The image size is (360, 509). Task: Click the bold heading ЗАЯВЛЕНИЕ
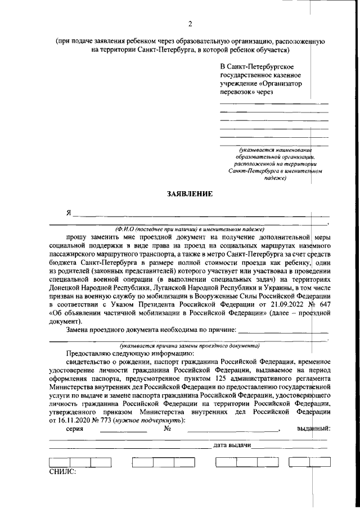[x=190, y=194]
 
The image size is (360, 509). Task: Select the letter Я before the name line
[x=69, y=213]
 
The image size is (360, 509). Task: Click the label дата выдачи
[x=232, y=445]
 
